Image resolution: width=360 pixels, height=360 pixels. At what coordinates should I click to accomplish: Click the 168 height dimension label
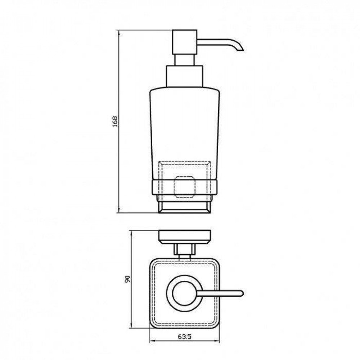pyautogui.click(x=115, y=121)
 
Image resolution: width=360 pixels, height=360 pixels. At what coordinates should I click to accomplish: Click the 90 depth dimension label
pyautogui.click(x=127, y=279)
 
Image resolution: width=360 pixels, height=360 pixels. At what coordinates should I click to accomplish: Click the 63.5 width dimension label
pyautogui.click(x=184, y=337)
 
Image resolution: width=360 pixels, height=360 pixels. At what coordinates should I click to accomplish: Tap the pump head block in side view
pyautogui.click(x=185, y=42)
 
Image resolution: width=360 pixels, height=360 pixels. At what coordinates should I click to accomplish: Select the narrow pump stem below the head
pyautogui.click(x=185, y=60)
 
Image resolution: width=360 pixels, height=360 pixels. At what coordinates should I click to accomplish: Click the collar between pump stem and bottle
pyautogui.click(x=185, y=76)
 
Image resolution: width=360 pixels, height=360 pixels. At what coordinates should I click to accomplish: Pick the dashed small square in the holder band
pyautogui.click(x=185, y=187)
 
